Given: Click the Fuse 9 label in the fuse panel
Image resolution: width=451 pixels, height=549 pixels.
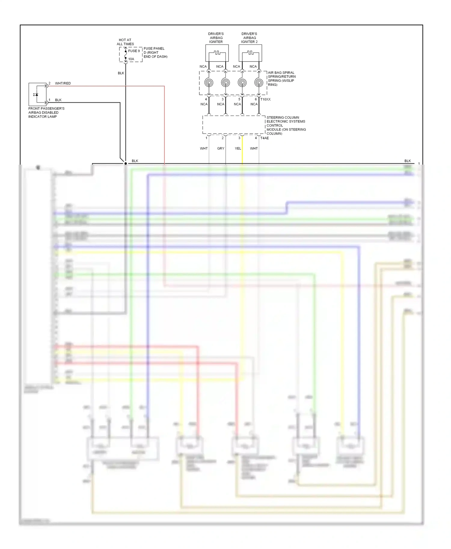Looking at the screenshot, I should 134,51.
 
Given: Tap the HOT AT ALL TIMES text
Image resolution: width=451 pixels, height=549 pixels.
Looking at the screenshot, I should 125,42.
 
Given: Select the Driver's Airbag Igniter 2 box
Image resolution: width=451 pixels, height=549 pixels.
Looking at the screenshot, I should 250,53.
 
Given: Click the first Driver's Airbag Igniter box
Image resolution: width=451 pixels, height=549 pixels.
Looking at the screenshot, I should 217,53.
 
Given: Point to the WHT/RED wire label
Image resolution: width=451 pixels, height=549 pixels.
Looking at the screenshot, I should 63,83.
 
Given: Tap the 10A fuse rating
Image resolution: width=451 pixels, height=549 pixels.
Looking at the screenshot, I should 131,59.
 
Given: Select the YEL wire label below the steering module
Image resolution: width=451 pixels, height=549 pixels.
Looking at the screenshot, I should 238,148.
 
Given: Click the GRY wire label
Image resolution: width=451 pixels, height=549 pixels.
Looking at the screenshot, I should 221,148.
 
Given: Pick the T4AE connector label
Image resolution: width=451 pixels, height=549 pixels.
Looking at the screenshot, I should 264,138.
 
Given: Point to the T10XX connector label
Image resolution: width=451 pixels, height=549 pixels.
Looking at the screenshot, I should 265,99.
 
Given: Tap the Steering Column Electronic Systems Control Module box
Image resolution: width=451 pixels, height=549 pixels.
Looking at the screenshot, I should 234,125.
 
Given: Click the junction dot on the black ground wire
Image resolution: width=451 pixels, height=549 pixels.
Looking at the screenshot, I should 125,163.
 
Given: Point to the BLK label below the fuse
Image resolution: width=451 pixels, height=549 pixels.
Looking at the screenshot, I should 121,73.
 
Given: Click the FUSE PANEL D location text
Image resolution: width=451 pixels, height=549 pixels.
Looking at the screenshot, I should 155,53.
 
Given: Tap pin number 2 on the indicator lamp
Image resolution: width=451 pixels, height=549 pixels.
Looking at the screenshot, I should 50,83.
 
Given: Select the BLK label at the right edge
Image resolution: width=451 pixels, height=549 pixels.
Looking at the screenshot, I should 407,161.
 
